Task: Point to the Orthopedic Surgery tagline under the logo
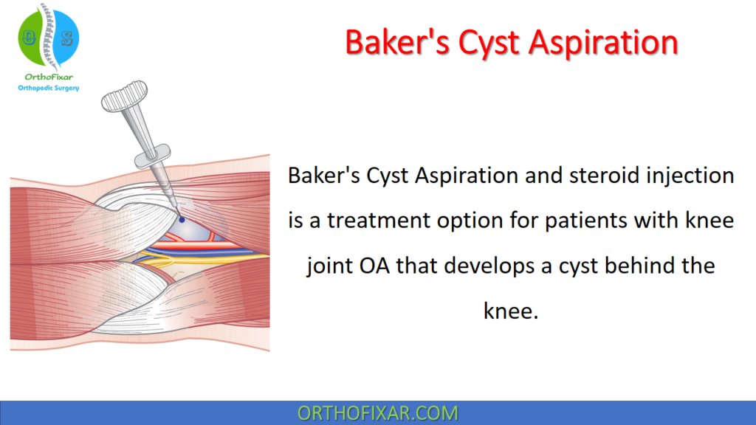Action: [x=48, y=88]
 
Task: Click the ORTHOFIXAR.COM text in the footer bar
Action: [x=377, y=412]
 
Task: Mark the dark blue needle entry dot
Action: [x=181, y=219]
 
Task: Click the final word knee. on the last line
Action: [x=510, y=311]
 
